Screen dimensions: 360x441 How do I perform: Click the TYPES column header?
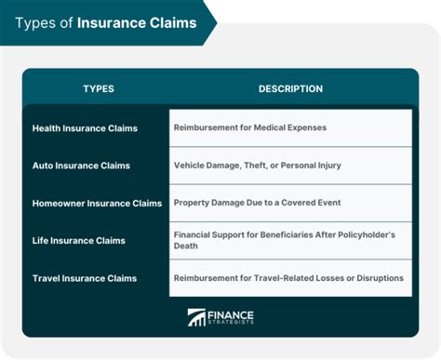pyautogui.click(x=98, y=89)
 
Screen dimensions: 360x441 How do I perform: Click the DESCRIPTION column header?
pyautogui.click(x=290, y=89)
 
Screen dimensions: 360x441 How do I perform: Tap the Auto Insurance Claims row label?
pyautogui.click(x=81, y=166)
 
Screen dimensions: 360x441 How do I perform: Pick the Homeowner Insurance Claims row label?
pyautogui.click(x=97, y=203)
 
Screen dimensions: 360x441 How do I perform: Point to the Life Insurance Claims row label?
pyautogui.click(x=80, y=241)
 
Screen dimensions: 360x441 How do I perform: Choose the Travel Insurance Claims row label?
pyautogui.click(x=84, y=278)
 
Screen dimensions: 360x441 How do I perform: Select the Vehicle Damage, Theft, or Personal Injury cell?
pyautogui.click(x=257, y=166)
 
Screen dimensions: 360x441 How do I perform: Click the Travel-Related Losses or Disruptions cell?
pyautogui.click(x=288, y=278)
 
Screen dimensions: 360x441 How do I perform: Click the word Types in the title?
pyautogui.click(x=35, y=22)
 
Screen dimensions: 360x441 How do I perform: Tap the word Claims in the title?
pyautogui.click(x=172, y=22)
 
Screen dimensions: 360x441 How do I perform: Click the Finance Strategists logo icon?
pyautogui.click(x=197, y=317)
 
